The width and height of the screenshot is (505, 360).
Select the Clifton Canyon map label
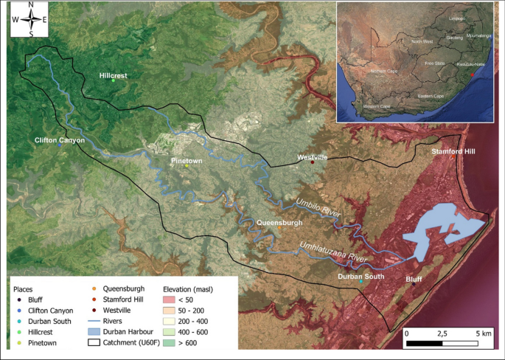click(x=60, y=139)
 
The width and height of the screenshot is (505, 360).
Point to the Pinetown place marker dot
click(x=187, y=165)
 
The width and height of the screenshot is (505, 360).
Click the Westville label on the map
click(x=312, y=157)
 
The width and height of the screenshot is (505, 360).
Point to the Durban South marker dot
click(x=361, y=282)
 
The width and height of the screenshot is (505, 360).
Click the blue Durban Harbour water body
click(x=442, y=229)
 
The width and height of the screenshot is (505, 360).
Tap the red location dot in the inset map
click(x=473, y=64)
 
